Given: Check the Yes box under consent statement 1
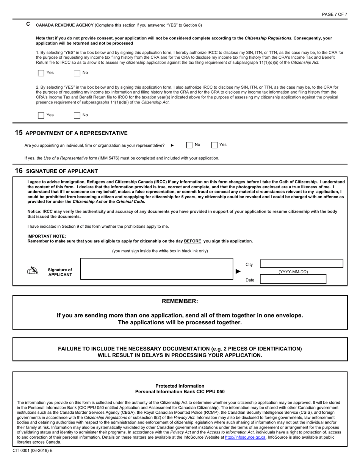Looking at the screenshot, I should click(x=41, y=73).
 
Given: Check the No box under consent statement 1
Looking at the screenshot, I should click(x=77, y=73).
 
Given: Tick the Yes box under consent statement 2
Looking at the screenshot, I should click(x=41, y=115).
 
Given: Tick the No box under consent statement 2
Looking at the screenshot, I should click(x=77, y=115).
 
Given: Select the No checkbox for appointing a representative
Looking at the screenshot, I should click(x=189, y=145).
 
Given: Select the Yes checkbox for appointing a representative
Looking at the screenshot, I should click(x=214, y=145).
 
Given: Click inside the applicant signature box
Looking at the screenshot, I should click(x=157, y=269).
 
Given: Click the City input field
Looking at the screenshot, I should click(x=301, y=264).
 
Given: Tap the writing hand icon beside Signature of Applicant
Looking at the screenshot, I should click(x=33, y=271).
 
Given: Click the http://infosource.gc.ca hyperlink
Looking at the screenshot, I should click(x=245, y=437).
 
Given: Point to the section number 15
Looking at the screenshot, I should click(x=19, y=133).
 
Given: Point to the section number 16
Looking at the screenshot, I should click(x=19, y=171).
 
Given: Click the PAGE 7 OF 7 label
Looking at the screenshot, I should click(x=334, y=14).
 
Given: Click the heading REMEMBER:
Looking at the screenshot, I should click(x=180, y=301).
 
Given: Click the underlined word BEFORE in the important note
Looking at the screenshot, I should click(x=193, y=241).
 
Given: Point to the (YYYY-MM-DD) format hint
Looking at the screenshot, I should click(x=293, y=272).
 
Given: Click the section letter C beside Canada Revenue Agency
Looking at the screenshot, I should click(x=28, y=24).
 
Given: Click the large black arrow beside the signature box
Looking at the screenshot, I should click(x=238, y=271).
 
